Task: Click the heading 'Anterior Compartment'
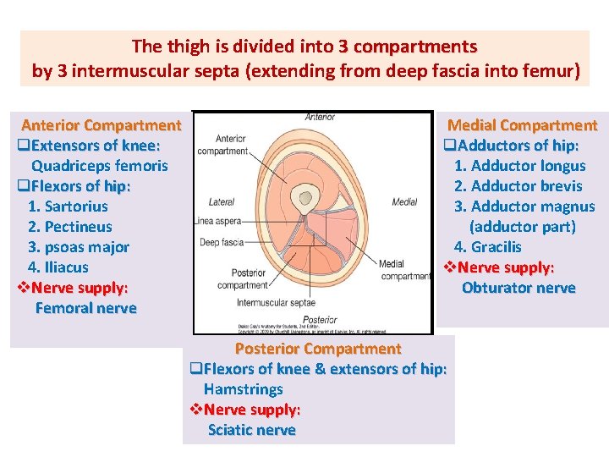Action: click(x=101, y=125)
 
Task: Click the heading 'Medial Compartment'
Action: click(x=522, y=125)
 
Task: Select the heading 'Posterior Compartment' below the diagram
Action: click(x=318, y=349)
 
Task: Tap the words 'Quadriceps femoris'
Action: click(x=100, y=166)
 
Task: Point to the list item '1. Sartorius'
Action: click(x=68, y=206)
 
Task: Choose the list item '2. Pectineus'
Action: click(x=69, y=227)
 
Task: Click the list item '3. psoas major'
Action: click(x=79, y=247)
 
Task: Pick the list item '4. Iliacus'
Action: click(x=58, y=267)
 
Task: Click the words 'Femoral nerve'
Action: click(x=85, y=308)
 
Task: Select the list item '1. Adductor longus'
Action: click(x=519, y=166)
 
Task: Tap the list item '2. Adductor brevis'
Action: click(x=518, y=186)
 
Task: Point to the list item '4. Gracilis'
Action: click(x=487, y=247)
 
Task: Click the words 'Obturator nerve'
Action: click(x=518, y=288)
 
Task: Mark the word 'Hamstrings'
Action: click(x=244, y=389)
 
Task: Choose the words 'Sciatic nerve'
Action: click(x=252, y=430)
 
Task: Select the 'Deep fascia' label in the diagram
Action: click(x=222, y=241)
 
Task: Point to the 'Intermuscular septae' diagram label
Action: click(x=276, y=302)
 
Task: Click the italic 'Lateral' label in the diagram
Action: click(x=222, y=202)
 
